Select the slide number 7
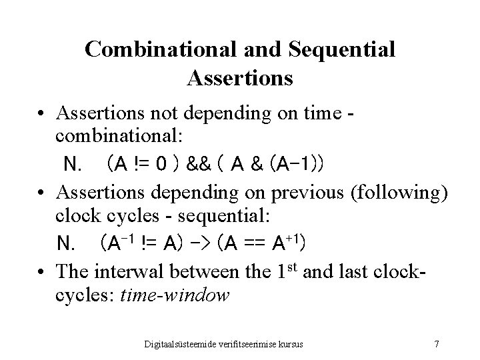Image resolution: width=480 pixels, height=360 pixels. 436,344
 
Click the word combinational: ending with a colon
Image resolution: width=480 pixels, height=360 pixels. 120,138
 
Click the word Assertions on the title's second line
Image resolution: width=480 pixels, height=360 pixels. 240,78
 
